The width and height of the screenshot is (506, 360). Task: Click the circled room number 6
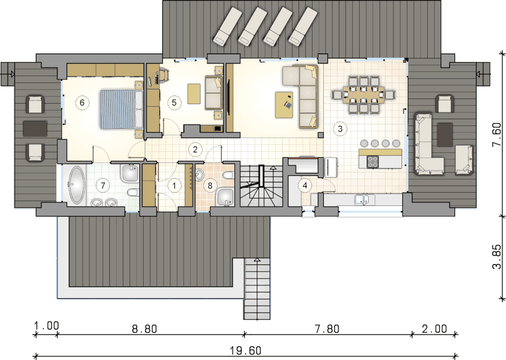[x=82, y=102]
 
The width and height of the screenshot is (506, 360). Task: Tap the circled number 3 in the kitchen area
[x=340, y=129]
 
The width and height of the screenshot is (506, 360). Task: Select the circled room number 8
[x=210, y=186]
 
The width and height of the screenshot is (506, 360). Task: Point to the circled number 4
[x=304, y=185]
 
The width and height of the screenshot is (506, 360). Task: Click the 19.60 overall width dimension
[x=246, y=350]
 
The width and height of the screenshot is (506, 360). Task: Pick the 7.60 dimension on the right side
[x=497, y=134]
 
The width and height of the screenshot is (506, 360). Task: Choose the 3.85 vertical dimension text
[x=497, y=256]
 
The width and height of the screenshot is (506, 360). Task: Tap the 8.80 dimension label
[x=145, y=329]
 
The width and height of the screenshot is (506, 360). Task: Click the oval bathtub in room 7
[x=77, y=185]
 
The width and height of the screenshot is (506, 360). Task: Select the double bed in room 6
[x=121, y=109]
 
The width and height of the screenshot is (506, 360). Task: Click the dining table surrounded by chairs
[x=363, y=94]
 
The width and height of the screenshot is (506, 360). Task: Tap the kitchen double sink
[x=364, y=200]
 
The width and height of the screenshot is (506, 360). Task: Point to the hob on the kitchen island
[x=373, y=161]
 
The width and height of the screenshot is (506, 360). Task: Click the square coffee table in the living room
[x=284, y=105]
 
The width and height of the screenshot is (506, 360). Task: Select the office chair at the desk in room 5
[x=163, y=75]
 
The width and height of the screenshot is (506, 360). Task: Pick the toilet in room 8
[x=228, y=175]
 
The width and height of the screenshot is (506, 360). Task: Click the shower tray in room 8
[x=225, y=197]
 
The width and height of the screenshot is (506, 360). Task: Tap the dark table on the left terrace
[x=35, y=129]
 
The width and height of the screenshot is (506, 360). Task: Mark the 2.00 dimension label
[x=434, y=329]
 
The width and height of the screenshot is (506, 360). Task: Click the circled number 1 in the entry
[x=175, y=186]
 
